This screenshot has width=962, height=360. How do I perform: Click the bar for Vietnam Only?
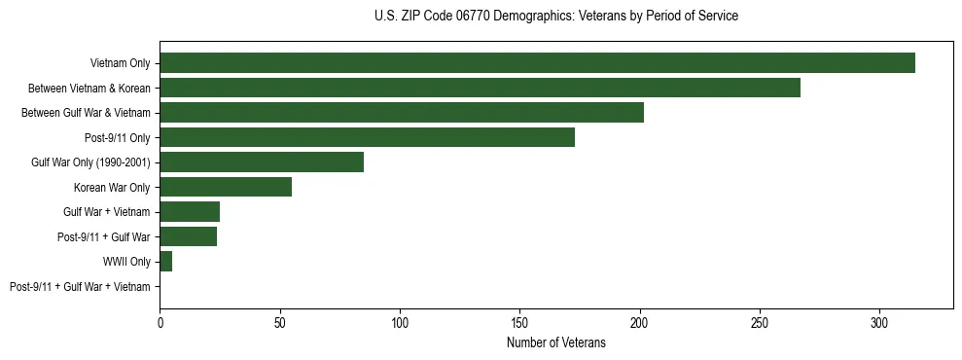pyautogui.click(x=537, y=63)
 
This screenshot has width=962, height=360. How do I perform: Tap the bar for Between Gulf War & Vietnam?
pyautogui.click(x=402, y=113)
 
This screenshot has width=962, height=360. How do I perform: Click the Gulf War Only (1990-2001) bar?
pyautogui.click(x=262, y=162)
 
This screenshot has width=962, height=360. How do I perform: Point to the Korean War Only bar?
pyautogui.click(x=226, y=187)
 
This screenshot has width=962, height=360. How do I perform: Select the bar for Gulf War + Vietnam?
pyautogui.click(x=190, y=212)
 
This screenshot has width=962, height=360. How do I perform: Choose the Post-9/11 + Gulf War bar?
pyautogui.click(x=189, y=236)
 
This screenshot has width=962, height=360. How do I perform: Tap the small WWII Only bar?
pyautogui.click(x=166, y=262)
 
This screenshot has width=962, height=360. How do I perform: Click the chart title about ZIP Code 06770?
pyautogui.click(x=555, y=17)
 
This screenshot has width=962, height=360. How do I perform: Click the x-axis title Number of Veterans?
pyautogui.click(x=555, y=343)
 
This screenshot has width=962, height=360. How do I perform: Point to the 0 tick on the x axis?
pyautogui.click(x=160, y=322)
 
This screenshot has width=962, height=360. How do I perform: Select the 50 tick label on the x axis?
pyautogui.click(x=280, y=322)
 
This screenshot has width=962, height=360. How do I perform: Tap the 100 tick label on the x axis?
pyautogui.click(x=400, y=322)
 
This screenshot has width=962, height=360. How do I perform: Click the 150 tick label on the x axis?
pyautogui.click(x=519, y=322)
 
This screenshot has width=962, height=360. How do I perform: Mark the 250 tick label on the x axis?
pyautogui.click(x=760, y=322)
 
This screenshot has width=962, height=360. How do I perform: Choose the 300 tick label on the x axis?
pyautogui.click(x=879, y=322)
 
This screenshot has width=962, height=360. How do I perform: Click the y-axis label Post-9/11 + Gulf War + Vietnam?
pyautogui.click(x=80, y=287)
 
